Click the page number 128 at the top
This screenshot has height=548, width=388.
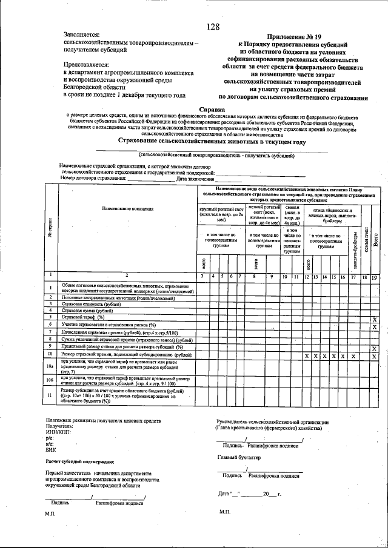[x=212, y=27]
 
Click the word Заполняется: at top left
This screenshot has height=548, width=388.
[x=82, y=35]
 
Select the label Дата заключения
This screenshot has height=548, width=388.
[x=195, y=179]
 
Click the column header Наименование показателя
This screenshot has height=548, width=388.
[x=128, y=208]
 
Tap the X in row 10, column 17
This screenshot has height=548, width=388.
[x=353, y=357]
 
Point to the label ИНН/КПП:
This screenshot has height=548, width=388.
[x=58, y=432]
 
